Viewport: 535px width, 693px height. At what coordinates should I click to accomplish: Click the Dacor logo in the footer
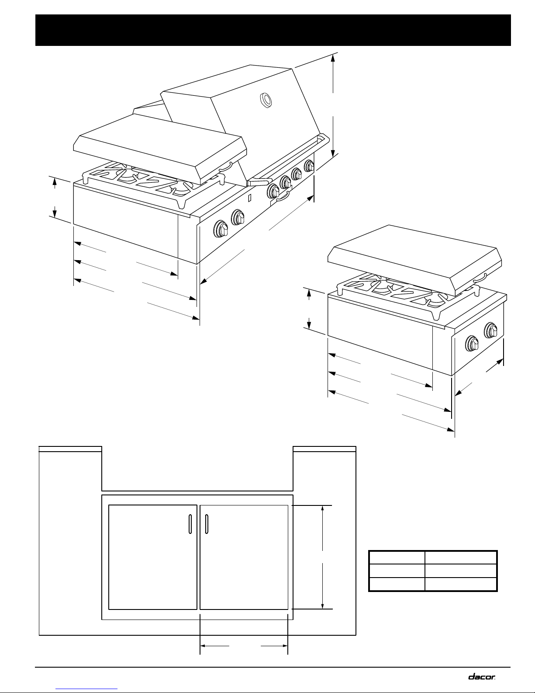point(482,676)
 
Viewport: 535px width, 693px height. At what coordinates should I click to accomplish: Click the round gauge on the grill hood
point(265,101)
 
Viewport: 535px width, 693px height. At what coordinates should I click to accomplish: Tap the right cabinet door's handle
point(207,524)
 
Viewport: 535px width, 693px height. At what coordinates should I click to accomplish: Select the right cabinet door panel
point(244,557)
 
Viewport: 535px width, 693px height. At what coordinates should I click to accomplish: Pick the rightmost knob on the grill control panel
point(309,166)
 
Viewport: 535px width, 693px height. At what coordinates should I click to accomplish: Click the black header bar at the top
point(273,30)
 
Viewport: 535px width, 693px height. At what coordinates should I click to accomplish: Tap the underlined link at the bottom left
point(87,688)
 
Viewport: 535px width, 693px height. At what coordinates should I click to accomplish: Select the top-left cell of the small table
point(397,557)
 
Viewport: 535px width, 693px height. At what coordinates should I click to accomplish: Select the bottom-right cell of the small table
point(461,584)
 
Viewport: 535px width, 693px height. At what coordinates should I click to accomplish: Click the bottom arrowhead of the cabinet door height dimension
point(322,605)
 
